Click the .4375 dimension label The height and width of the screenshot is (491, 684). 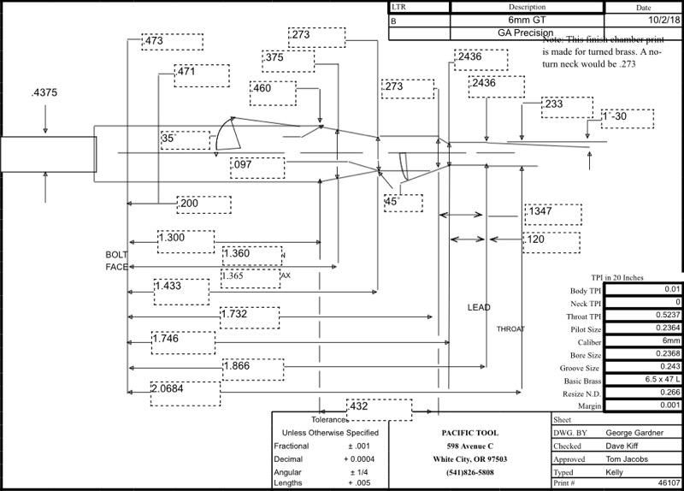[x=44, y=94]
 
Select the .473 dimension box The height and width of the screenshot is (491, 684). [x=172, y=41]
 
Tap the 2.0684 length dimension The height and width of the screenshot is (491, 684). [x=180, y=389]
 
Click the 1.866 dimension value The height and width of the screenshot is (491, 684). [x=251, y=367]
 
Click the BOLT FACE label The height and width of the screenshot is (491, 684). [x=116, y=261]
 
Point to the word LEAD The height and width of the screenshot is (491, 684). [x=478, y=307]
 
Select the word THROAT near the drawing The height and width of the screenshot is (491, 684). [x=510, y=329]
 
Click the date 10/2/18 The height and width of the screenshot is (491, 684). [x=643, y=20]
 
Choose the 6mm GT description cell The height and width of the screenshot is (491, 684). [x=497, y=20]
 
